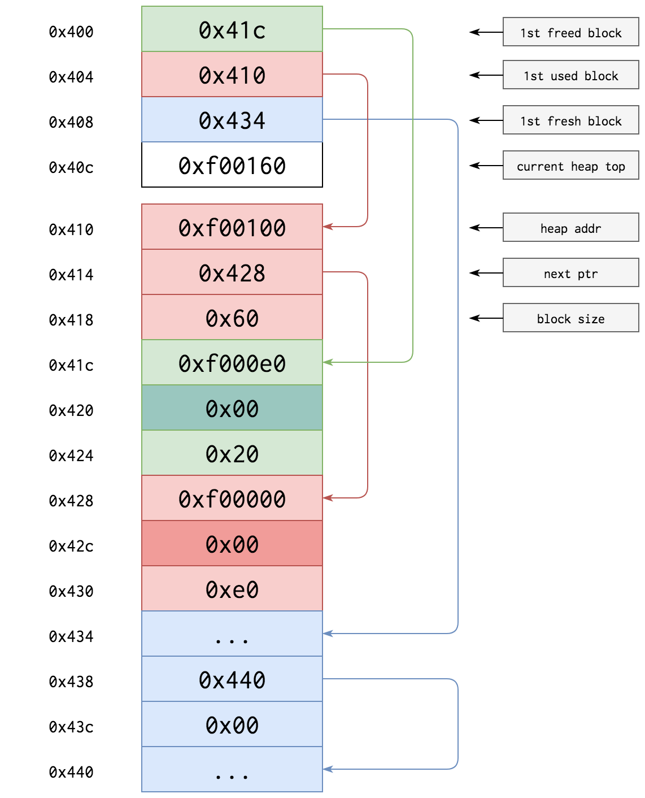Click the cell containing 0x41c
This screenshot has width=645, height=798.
[x=232, y=29]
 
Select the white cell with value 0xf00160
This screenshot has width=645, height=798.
[x=232, y=165]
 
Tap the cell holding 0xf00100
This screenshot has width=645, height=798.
[x=232, y=227]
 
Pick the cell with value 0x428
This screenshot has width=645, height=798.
[x=232, y=272]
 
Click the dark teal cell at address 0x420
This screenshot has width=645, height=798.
[x=232, y=408]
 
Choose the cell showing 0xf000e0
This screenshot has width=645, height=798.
[x=232, y=363]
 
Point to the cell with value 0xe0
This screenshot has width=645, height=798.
[x=232, y=589]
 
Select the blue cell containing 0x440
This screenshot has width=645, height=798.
[x=232, y=679]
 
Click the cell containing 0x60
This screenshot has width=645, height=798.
[x=232, y=318]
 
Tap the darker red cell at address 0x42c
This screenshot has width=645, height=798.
[x=232, y=544]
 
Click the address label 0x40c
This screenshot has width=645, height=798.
[x=71, y=167]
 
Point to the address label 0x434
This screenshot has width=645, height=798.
[x=71, y=636]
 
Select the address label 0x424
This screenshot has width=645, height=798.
[x=71, y=456]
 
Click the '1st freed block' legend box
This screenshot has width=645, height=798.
[x=570, y=32]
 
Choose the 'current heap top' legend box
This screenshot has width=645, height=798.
[x=570, y=165]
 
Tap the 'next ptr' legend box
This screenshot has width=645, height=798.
[x=570, y=272]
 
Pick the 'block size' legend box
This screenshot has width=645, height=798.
[x=570, y=318]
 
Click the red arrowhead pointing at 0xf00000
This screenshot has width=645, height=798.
[x=328, y=498]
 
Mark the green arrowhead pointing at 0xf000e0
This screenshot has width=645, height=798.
[x=328, y=362]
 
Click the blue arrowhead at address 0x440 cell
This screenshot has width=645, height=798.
[x=328, y=769]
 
